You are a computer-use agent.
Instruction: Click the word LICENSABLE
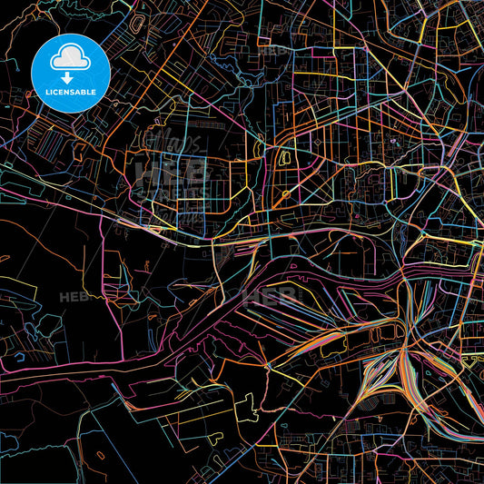click(71, 92)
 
